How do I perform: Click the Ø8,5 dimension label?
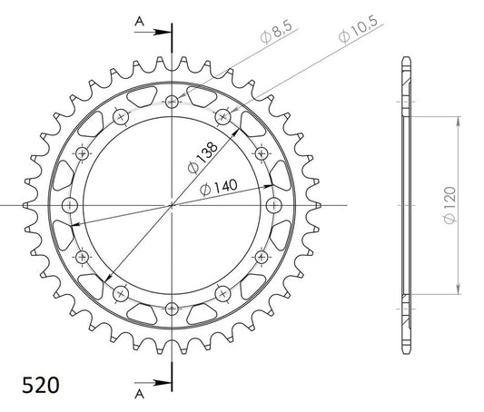click(x=276, y=33)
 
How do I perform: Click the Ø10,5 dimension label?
click(x=358, y=29)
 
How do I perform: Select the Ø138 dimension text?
click(x=202, y=158)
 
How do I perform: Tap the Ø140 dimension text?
click(x=219, y=187)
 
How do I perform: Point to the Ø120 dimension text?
click(x=450, y=205)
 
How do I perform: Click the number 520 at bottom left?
click(x=41, y=385)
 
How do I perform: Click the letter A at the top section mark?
click(x=140, y=21)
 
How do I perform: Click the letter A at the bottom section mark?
click(x=140, y=394)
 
